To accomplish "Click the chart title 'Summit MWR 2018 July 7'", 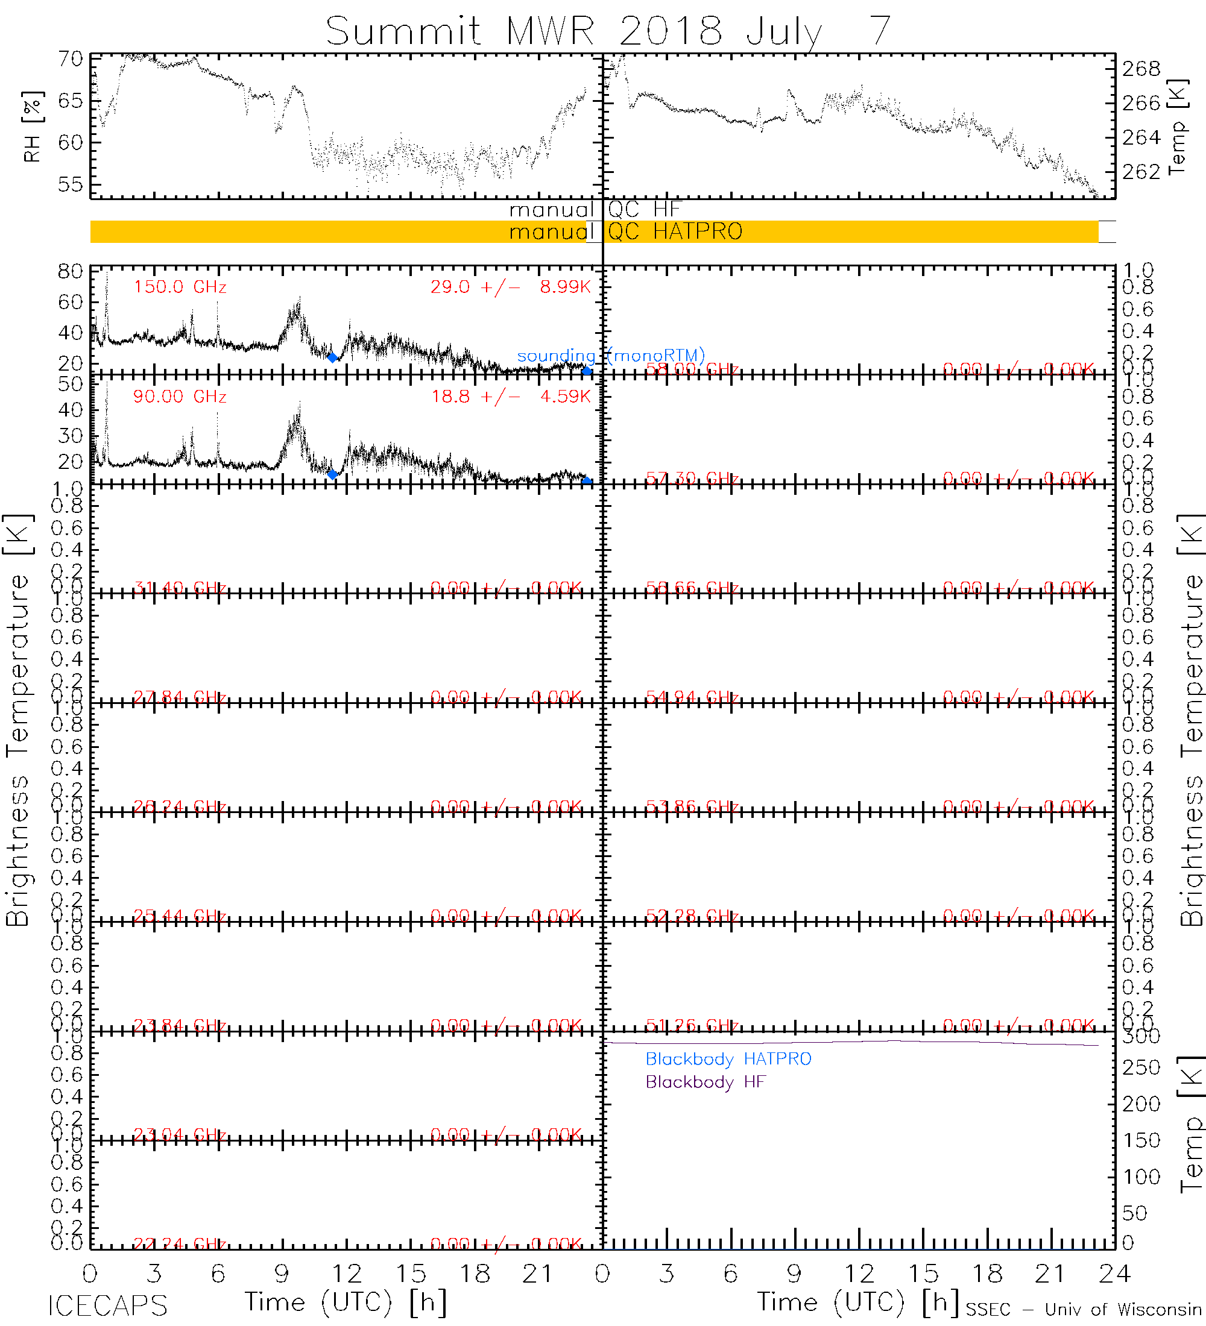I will coord(608,31).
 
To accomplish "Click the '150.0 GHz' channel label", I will coord(180,287).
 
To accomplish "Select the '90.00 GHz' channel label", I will coord(180,397).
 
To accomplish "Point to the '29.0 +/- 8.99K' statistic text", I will coord(511,287).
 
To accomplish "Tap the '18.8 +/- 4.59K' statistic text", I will coord(511,397).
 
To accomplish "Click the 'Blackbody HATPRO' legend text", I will coord(728,1059).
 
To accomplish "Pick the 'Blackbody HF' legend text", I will coord(706,1082).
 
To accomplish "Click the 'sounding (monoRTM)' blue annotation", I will coord(611,356).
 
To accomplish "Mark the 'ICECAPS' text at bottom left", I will coord(107,1305).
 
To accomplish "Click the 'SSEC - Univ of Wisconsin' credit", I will coord(1083,1309).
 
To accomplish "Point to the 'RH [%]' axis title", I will coord(31,127).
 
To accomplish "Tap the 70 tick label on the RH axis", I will coord(71,59).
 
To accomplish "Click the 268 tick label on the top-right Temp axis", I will coord(1141,68).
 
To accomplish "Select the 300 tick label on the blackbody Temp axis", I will coord(1141,1037).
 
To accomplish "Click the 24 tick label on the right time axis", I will coord(1114,1274).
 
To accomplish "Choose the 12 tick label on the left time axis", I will coord(346,1274).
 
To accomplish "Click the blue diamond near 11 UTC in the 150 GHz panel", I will coord(332,357).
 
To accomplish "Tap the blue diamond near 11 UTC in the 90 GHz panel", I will coord(332,474).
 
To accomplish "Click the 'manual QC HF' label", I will coord(595,209).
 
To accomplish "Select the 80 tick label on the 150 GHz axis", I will coord(71,271).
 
